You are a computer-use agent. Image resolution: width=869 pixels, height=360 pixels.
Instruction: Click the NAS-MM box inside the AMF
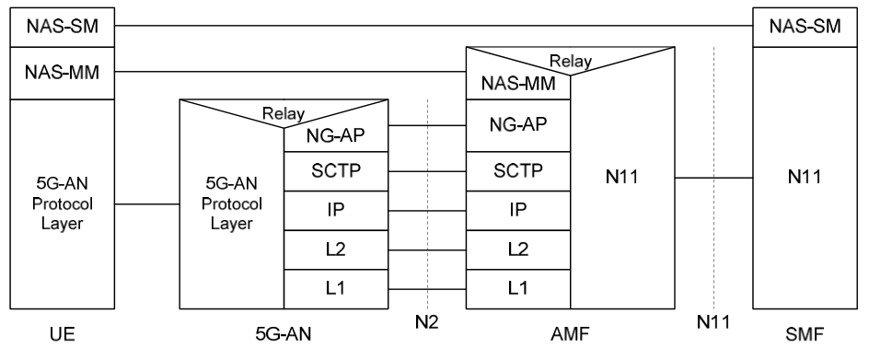(518, 86)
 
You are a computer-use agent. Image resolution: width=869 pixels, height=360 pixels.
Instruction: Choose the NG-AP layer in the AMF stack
(518, 122)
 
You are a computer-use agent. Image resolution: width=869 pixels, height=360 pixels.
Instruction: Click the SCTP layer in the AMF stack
(518, 170)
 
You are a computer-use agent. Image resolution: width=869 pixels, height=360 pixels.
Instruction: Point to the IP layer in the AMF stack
(518, 211)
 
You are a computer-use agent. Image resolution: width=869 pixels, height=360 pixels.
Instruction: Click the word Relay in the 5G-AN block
(284, 115)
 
